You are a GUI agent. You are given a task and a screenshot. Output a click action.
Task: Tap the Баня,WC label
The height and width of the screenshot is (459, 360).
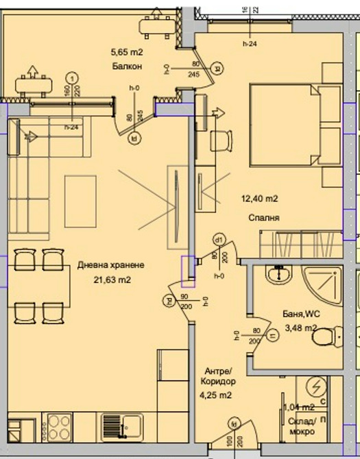[x=301, y=314]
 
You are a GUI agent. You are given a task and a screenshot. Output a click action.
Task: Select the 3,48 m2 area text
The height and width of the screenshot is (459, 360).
[x=301, y=328]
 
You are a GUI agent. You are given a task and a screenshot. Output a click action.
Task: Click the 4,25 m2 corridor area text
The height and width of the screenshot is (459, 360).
[x=215, y=395]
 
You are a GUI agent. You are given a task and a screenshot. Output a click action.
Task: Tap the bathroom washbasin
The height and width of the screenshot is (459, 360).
[x=280, y=276]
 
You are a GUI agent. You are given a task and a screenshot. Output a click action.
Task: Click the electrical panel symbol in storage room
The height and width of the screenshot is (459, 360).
[x=317, y=387]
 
